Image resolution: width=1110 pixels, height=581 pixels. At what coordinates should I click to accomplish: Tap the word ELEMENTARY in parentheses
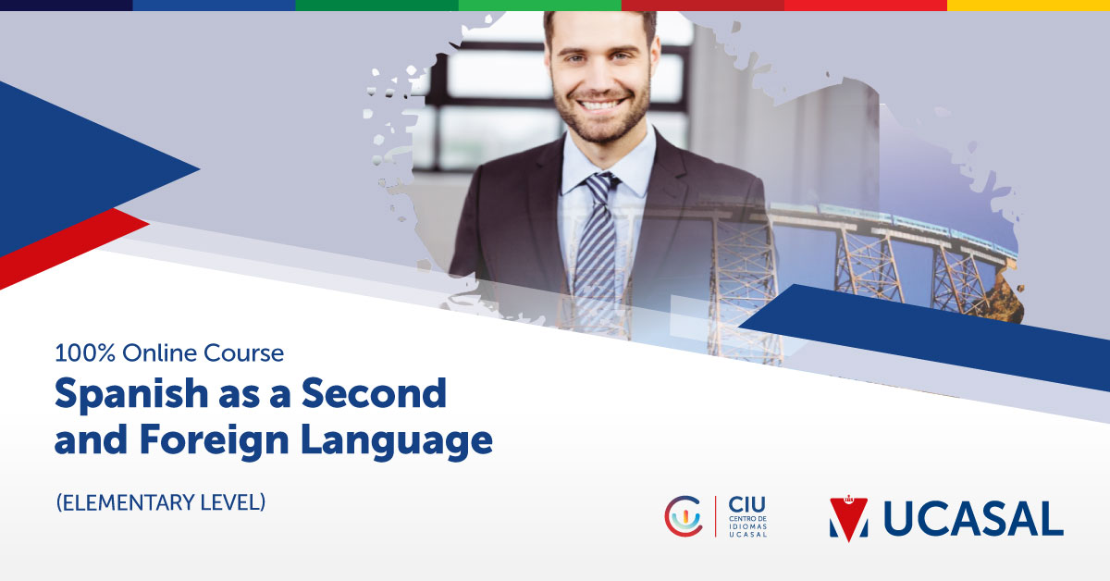click(131, 502)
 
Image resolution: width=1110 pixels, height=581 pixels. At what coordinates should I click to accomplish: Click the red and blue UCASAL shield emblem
click(848, 519)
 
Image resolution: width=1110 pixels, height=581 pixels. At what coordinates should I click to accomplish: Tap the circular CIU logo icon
click(683, 515)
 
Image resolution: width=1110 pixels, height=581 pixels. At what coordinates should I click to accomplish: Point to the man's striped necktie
click(595, 250)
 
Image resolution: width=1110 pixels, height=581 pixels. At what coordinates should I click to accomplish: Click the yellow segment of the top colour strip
click(1028, 5)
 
